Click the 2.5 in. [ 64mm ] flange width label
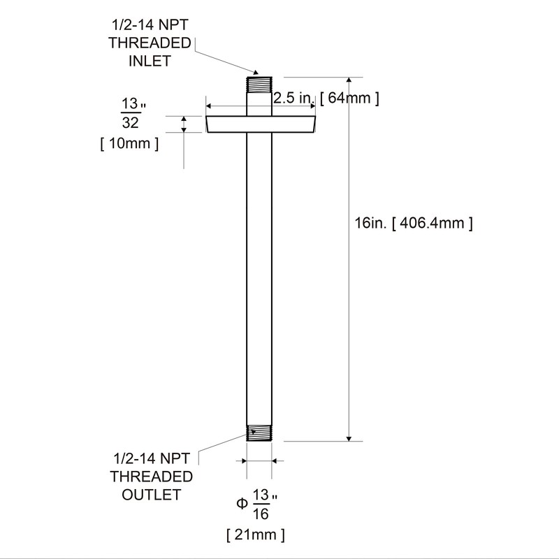coord(326,98)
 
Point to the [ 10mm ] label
coord(130,145)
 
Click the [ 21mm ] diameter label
coord(256,535)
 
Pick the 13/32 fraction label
coord(130,113)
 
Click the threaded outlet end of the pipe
coord(260,433)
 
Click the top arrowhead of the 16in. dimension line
coord(349,81)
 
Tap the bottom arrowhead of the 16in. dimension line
coord(349,437)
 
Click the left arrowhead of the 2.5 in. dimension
coord(209,107)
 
